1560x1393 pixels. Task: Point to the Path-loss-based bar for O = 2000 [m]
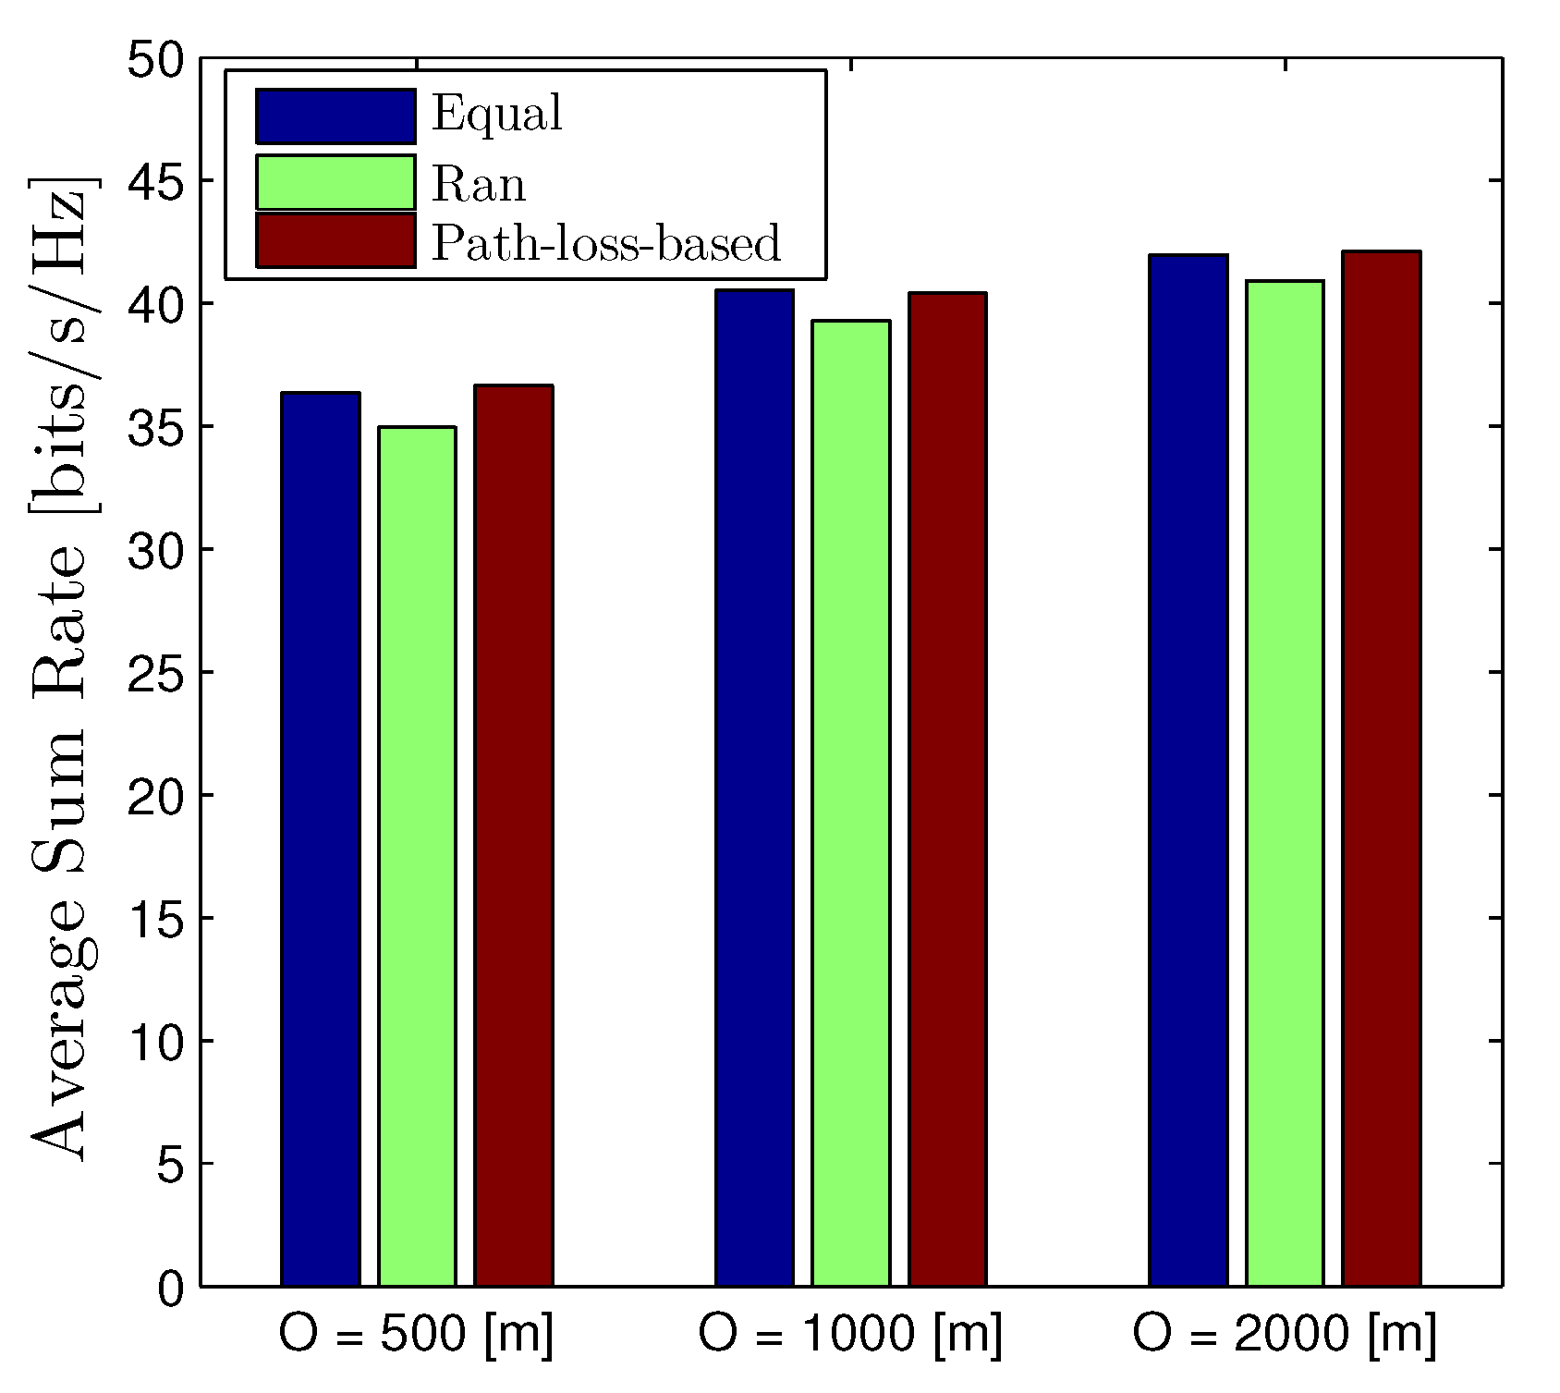tap(1382, 768)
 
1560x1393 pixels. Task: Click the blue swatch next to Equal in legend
tap(335, 116)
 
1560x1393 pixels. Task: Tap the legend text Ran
tap(479, 185)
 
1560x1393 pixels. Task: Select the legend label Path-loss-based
tap(606, 243)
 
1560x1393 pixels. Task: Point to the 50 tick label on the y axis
tap(156, 59)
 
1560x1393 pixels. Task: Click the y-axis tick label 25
tap(156, 673)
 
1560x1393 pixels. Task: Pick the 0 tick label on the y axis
tap(170, 1289)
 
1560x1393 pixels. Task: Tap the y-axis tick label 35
tap(156, 428)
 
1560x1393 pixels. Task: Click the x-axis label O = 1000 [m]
tap(850, 1335)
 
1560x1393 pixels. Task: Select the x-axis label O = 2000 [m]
tap(1285, 1335)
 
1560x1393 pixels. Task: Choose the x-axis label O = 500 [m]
tap(417, 1335)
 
